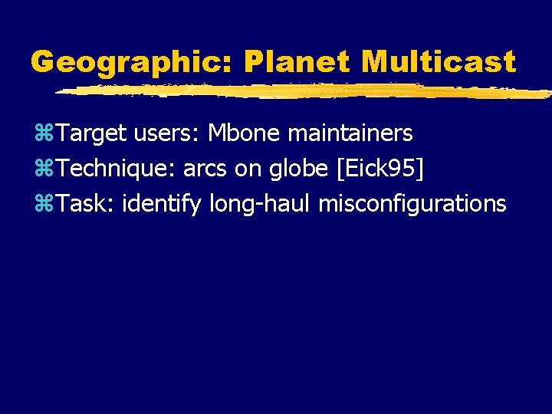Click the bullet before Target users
coord(43,134)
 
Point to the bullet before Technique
coord(43,169)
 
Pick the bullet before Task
coord(43,204)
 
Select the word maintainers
coord(350,134)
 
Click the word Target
coord(92,134)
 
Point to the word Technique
coord(116,169)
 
